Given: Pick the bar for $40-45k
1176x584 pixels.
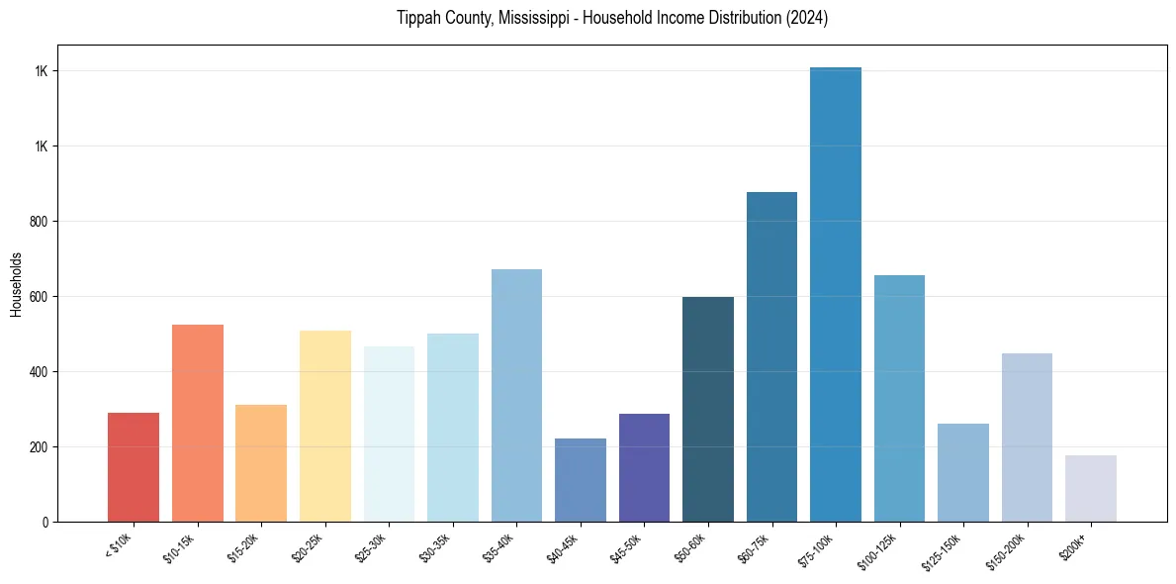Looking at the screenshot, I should [580, 480].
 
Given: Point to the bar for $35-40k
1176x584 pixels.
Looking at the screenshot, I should [516, 395].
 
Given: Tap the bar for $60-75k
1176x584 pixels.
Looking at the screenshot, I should [771, 356].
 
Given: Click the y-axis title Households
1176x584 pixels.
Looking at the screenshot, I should [17, 284].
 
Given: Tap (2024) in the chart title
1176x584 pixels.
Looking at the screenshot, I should [807, 19].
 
